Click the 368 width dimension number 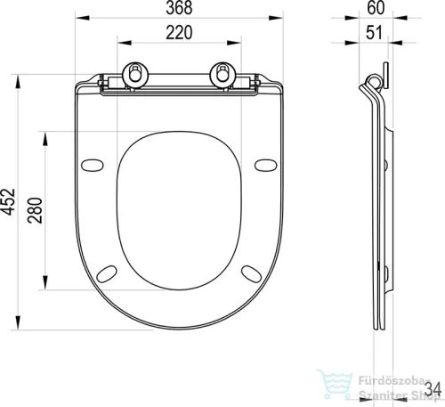click(179, 8)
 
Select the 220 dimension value click(179, 33)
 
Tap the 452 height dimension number click(8, 201)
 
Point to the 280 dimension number click(35, 210)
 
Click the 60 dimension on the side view click(376, 8)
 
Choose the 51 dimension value click(374, 32)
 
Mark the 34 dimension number click(433, 388)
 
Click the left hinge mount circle click(135, 75)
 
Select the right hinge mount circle click(222, 75)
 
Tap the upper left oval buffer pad click(93, 166)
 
